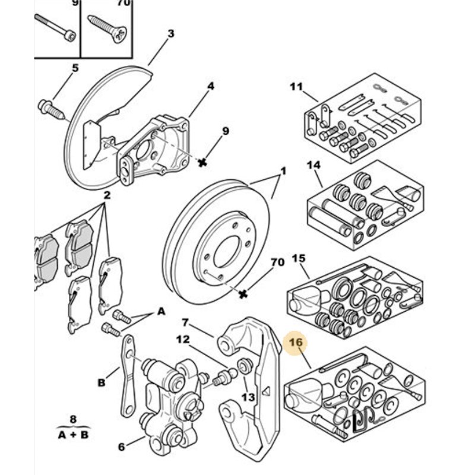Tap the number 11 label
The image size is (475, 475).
[x=296, y=87]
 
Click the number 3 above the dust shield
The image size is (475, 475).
[x=171, y=34]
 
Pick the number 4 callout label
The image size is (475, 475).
[x=210, y=87]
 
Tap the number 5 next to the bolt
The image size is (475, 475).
[x=75, y=68]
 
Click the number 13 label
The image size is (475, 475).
[x=248, y=397]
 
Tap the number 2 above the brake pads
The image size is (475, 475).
[x=107, y=195]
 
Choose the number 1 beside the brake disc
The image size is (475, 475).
[x=283, y=172]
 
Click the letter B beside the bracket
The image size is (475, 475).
[x=102, y=383]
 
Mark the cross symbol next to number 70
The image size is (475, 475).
[x=242, y=293]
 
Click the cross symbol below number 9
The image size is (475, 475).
[x=202, y=162]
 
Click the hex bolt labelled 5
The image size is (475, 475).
[x=50, y=108]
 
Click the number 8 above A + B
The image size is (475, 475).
[x=74, y=419]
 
